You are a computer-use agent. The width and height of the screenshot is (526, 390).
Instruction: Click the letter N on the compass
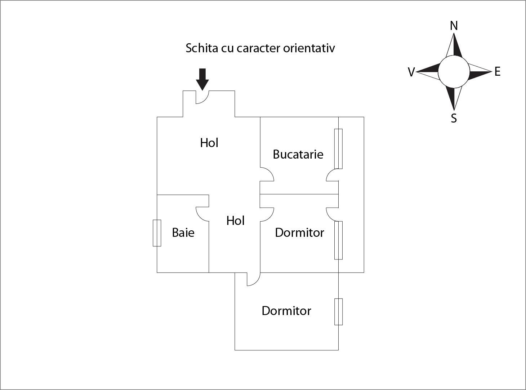coord(454,26)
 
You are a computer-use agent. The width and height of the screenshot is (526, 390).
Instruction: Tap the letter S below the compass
coord(454,118)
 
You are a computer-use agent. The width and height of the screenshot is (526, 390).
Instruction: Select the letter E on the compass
coord(498,71)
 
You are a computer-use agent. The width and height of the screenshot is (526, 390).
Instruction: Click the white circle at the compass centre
coord(454,72)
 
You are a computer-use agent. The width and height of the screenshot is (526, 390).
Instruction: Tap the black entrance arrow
coord(202,79)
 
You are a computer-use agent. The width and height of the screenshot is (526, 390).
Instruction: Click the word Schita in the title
coord(202,48)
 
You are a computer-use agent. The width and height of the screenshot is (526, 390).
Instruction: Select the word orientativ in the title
coord(309,48)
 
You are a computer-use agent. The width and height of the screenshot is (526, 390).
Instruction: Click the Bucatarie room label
coord(298,154)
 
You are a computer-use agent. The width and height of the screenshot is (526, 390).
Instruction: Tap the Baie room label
coord(183,232)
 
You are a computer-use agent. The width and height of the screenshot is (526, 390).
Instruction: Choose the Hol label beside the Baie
coord(236,221)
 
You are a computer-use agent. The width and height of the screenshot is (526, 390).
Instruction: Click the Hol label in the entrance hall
coord(209,143)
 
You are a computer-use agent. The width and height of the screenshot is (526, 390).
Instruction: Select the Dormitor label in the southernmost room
coord(286,311)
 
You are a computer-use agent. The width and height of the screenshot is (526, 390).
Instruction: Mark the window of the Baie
coord(157,233)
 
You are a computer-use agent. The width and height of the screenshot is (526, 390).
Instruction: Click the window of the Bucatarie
coord(338,149)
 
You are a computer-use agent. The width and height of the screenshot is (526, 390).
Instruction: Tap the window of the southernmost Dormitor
coord(338,312)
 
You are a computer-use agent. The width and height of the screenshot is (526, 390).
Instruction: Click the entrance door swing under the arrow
coord(202,97)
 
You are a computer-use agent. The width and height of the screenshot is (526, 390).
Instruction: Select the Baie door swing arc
coord(202,214)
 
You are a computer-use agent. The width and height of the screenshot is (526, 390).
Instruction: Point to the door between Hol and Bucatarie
coord(267,174)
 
